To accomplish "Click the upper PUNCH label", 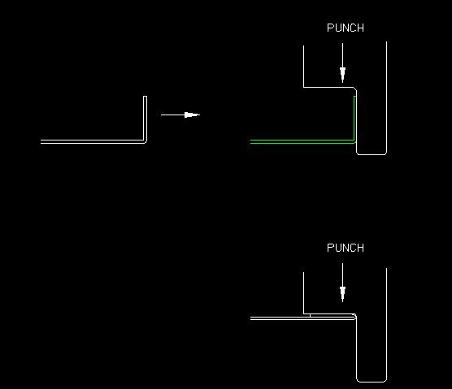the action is (346, 28).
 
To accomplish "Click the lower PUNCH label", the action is (346, 248).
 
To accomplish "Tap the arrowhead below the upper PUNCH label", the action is (342, 74).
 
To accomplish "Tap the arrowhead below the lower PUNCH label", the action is (342, 294).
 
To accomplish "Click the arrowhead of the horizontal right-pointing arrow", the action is (192, 115).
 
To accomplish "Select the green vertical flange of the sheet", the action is (354, 118).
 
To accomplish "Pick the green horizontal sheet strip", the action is (302, 141).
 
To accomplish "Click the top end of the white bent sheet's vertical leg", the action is (145, 97).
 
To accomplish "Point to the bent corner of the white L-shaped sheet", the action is (145, 141).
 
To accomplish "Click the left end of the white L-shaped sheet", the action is (41, 141).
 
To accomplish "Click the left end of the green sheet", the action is (250, 141).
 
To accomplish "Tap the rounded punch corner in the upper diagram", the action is (355, 89).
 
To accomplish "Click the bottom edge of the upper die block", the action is (372, 154).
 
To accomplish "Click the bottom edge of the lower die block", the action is (372, 382).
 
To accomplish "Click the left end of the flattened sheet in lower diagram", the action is (250, 318).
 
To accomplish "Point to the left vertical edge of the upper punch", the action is (303, 67).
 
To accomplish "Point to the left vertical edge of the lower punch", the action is (303, 293).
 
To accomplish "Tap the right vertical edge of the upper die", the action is (386, 97).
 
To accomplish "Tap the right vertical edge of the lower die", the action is (386, 324).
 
